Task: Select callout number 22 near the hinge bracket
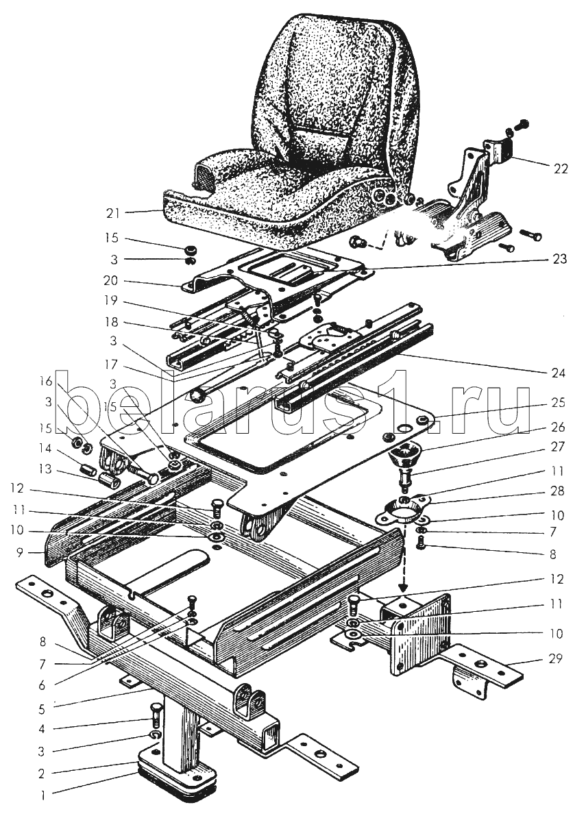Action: (x=561, y=169)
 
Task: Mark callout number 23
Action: (x=560, y=259)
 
